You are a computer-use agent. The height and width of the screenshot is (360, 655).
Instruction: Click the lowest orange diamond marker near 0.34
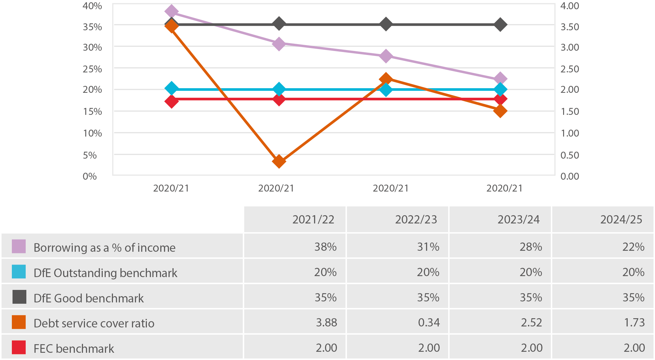click(x=279, y=161)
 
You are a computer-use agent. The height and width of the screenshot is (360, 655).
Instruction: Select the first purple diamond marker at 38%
click(x=171, y=12)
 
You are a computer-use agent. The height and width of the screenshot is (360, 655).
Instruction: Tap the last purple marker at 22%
click(x=500, y=79)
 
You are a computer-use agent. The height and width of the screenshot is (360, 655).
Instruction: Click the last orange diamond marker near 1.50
click(x=500, y=111)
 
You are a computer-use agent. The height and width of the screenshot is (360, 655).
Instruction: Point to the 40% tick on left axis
click(x=92, y=6)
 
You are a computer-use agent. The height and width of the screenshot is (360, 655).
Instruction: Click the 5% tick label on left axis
click(x=90, y=155)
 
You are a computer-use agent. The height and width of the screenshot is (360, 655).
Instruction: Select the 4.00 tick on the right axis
click(x=570, y=6)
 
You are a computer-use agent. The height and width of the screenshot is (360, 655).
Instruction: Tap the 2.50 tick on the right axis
click(x=570, y=69)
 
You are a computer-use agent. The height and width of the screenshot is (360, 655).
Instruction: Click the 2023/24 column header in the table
click(x=518, y=219)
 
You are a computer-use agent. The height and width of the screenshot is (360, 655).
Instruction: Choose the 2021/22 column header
click(x=313, y=219)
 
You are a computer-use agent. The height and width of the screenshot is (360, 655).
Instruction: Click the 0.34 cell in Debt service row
click(x=429, y=322)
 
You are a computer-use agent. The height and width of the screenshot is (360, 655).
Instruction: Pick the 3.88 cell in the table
click(x=326, y=322)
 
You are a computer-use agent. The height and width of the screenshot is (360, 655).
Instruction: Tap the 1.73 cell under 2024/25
click(x=634, y=322)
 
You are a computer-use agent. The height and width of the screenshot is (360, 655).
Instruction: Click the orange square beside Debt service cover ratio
click(x=19, y=322)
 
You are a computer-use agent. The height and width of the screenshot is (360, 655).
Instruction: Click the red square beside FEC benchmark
click(x=19, y=347)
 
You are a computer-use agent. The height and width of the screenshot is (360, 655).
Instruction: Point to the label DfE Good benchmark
click(x=89, y=298)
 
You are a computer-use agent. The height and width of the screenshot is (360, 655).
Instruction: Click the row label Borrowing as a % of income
click(x=104, y=247)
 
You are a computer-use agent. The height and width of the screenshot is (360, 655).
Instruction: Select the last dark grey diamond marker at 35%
click(x=500, y=25)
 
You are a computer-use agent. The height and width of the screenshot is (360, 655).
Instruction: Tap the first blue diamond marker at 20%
click(x=171, y=89)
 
